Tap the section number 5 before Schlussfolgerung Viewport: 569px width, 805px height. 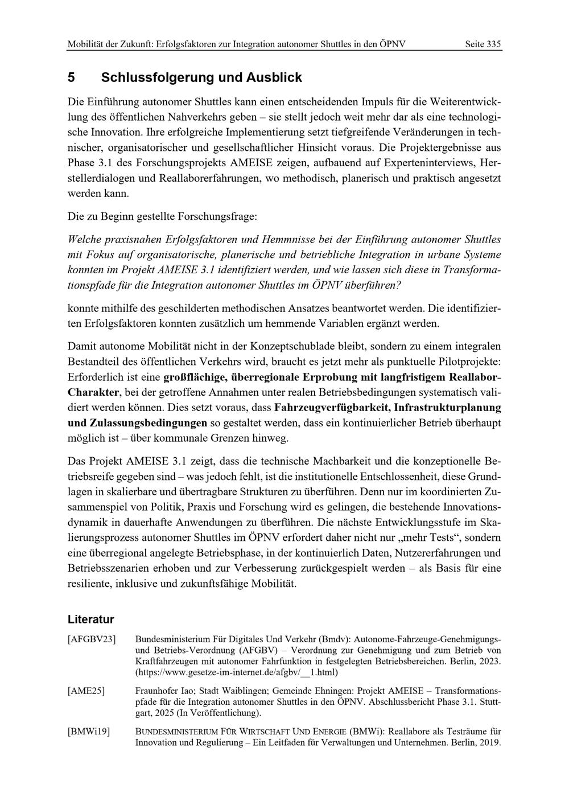coord(71,77)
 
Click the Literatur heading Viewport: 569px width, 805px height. coord(90,619)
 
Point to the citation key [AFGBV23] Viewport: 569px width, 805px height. coord(92,639)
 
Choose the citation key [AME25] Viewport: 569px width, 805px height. coord(86,691)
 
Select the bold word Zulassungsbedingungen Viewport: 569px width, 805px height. coord(148,423)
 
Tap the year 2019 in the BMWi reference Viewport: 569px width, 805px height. coord(489,742)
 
